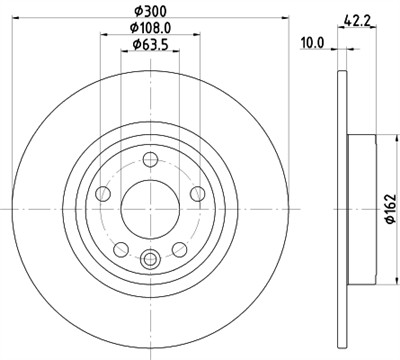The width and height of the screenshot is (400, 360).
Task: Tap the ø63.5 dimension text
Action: (x=148, y=46)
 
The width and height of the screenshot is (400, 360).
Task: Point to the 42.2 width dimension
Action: (x=351, y=17)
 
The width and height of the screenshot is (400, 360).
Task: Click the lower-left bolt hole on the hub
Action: (x=119, y=249)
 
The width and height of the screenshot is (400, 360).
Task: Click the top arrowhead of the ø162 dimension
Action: (x=378, y=135)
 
